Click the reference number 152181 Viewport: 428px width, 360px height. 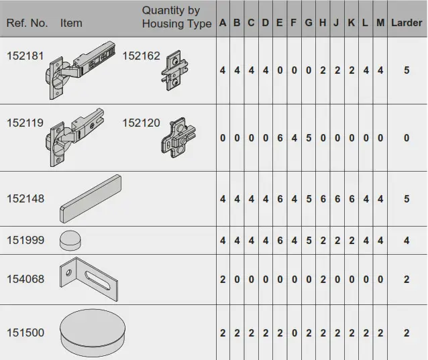(x=25, y=56)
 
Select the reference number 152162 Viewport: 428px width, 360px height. (x=141, y=56)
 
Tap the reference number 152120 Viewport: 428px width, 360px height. (x=141, y=123)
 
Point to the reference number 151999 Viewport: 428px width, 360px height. (x=25, y=240)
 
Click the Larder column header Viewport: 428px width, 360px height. (x=407, y=23)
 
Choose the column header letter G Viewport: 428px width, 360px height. (x=309, y=23)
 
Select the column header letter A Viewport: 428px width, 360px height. (x=223, y=23)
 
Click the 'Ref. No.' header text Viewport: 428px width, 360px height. (x=27, y=23)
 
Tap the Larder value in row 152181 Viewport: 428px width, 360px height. (x=407, y=70)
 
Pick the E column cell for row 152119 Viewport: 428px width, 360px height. (x=280, y=137)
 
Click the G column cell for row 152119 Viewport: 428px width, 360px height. (x=309, y=137)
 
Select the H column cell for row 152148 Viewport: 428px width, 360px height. (x=323, y=199)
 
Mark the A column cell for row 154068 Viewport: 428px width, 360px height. (x=223, y=280)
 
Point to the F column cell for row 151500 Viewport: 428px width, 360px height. (x=294, y=333)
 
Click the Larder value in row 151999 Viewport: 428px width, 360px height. (x=407, y=240)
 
